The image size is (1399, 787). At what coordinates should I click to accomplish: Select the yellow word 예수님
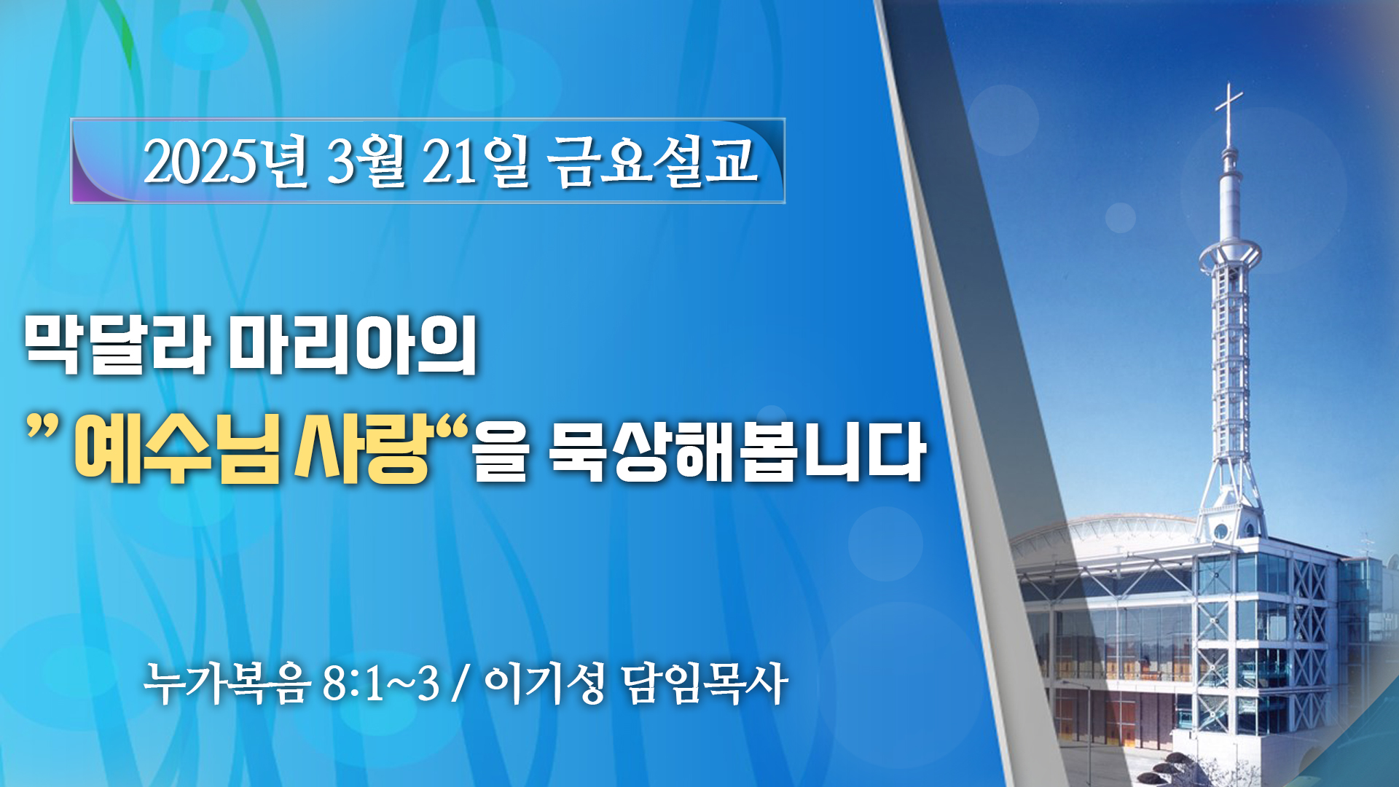pos(177,452)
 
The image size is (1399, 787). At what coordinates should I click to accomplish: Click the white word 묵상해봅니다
pos(737,452)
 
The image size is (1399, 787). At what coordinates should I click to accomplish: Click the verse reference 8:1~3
pos(380,684)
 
